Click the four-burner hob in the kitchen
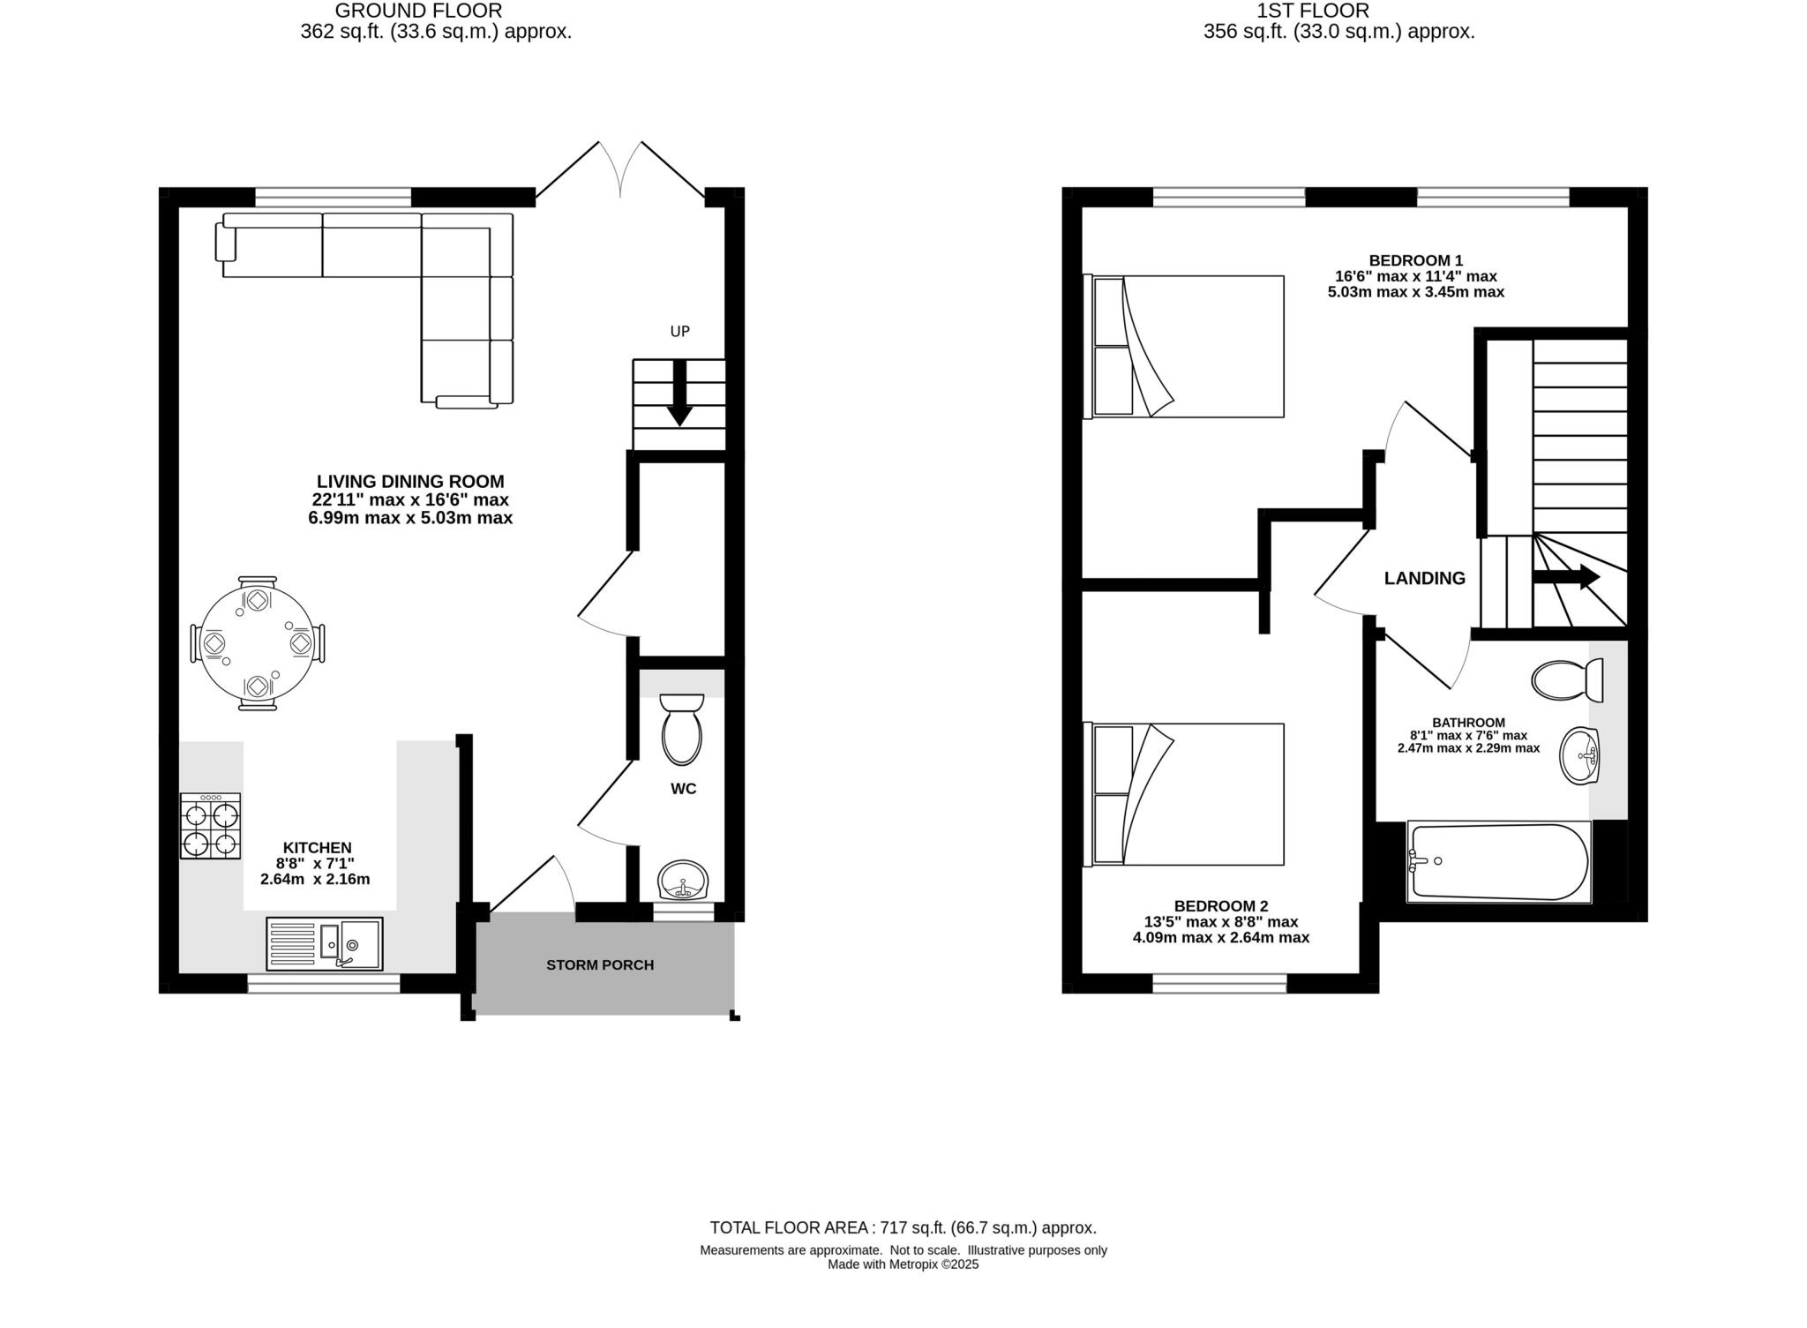click(210, 826)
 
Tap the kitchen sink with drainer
click(324, 943)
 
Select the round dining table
click(257, 643)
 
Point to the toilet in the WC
click(681, 731)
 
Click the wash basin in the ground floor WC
click(682, 881)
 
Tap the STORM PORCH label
click(600, 964)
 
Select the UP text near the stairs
click(679, 332)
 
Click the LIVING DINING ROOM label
click(410, 482)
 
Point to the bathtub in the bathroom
click(1498, 862)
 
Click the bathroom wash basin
click(1578, 756)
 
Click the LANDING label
click(1424, 578)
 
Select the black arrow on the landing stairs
click(1566, 577)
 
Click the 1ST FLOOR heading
click(1338, 11)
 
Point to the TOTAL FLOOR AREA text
click(903, 1227)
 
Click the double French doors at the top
click(620, 172)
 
